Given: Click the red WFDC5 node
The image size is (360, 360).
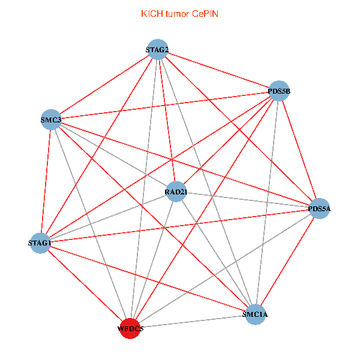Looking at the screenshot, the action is pyautogui.click(x=130, y=328).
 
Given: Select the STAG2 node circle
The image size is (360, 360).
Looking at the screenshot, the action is pyautogui.click(x=157, y=49).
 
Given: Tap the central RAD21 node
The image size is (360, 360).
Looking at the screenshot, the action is pyautogui.click(x=176, y=191).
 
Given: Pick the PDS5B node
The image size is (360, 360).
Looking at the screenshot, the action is pyautogui.click(x=279, y=91).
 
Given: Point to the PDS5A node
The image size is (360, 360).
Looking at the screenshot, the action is pyautogui.click(x=319, y=208).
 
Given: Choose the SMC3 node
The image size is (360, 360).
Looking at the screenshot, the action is pyautogui.click(x=51, y=119).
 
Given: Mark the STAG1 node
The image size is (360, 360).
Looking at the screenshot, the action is pyautogui.click(x=40, y=243).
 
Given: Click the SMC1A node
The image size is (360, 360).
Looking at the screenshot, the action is pyautogui.click(x=255, y=314).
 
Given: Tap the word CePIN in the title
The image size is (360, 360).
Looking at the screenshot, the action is pyautogui.click(x=205, y=14).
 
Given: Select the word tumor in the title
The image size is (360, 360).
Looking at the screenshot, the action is pyautogui.click(x=177, y=14).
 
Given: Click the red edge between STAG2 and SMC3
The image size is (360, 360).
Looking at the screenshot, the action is pyautogui.click(x=104, y=85).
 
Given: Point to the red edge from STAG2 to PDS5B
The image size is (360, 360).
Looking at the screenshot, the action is pyautogui.click(x=218, y=70).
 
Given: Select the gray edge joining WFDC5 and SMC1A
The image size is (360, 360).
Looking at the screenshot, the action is pyautogui.click(x=193, y=322).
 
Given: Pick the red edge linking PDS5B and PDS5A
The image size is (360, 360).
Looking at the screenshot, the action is pyautogui.click(x=299, y=149).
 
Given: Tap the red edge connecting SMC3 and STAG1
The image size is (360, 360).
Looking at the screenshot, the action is pyautogui.click(x=46, y=181).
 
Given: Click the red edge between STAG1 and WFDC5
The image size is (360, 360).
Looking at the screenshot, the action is pyautogui.click(x=85, y=286).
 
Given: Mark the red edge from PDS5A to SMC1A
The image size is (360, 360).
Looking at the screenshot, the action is pyautogui.click(x=287, y=262).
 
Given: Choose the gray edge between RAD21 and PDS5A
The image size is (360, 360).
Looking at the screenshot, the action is pyautogui.click(x=248, y=200).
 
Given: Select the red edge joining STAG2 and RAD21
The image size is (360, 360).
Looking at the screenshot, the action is pyautogui.click(x=167, y=121).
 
